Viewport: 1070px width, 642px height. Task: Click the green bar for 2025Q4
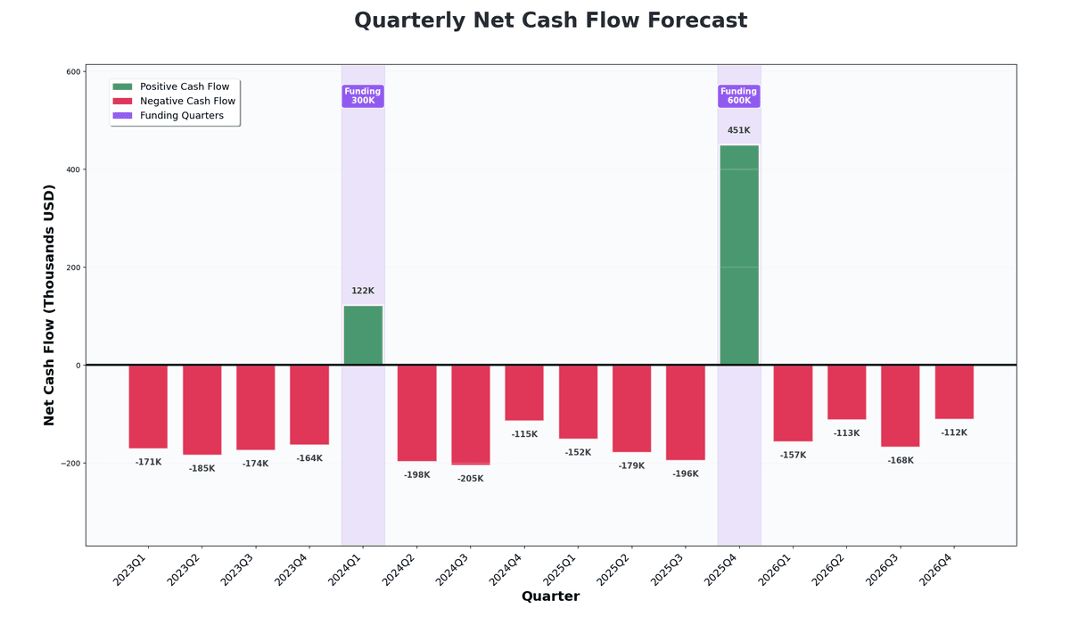[738, 255]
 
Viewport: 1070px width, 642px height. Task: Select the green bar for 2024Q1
[363, 335]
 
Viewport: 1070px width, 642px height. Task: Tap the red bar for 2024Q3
[470, 415]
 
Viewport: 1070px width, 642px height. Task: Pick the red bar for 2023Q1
[148, 407]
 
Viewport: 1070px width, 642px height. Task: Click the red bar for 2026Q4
[954, 392]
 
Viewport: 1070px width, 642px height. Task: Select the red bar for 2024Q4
[524, 393]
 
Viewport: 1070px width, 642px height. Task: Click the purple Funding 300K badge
[363, 96]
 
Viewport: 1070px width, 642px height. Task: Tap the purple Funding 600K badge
[738, 96]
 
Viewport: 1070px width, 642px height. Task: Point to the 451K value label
[738, 130]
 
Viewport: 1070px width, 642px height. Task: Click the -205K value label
[470, 479]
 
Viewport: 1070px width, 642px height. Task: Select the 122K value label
[363, 291]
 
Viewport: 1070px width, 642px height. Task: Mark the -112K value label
[954, 432]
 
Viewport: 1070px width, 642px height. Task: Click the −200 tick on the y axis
[69, 464]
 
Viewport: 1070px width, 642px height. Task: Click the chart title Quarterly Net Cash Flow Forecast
[550, 21]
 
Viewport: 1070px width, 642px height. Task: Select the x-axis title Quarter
[550, 597]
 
